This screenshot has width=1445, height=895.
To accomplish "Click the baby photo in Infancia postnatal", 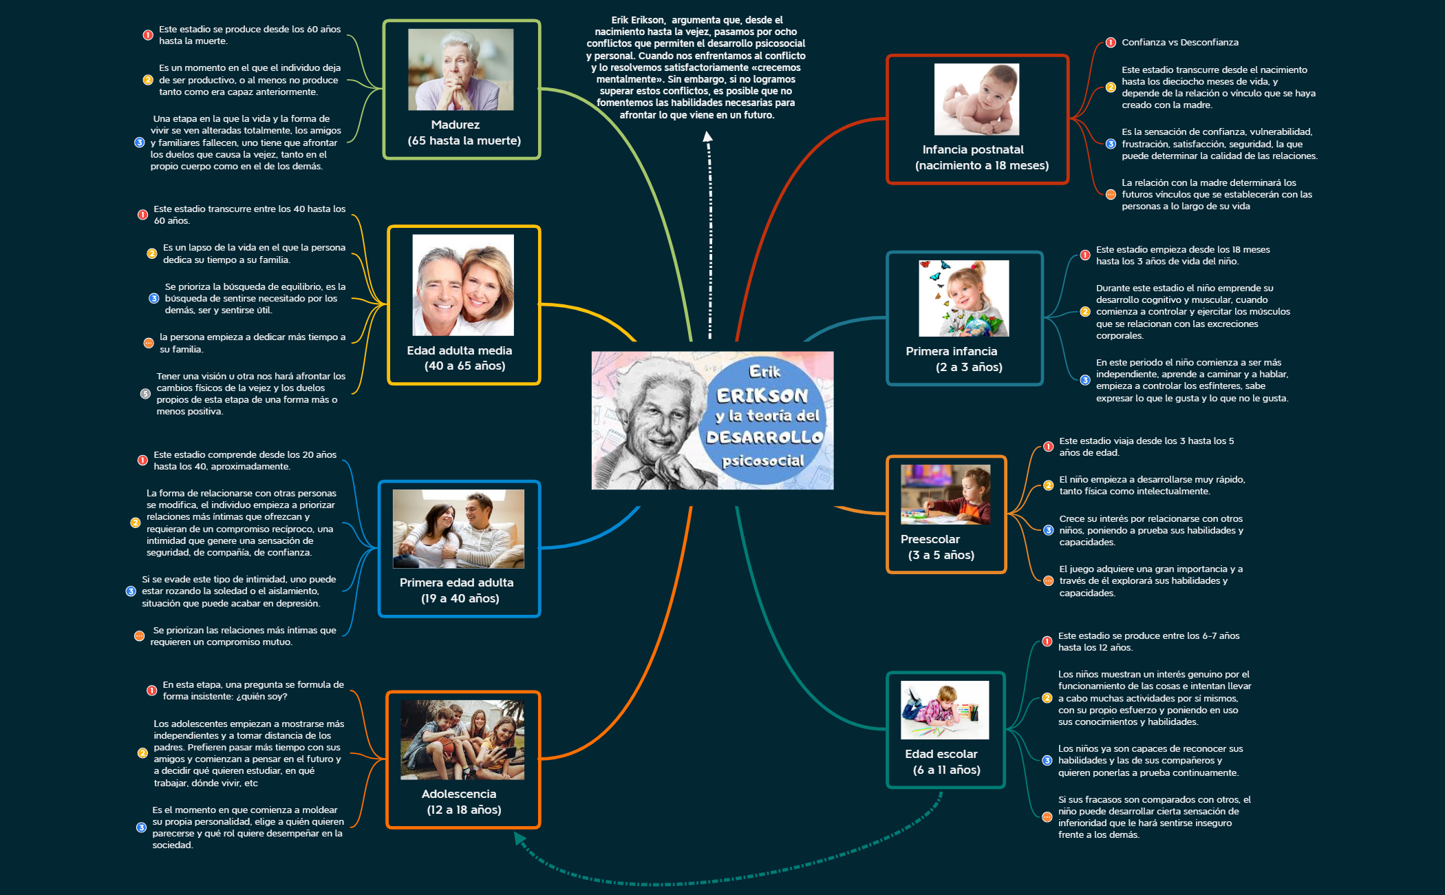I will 976,99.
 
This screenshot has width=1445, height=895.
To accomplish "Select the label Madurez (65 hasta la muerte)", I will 462,133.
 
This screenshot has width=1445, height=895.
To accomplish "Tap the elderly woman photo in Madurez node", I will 460,70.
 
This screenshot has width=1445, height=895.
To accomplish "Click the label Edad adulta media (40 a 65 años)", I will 461,358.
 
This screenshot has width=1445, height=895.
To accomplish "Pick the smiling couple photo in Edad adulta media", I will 462,285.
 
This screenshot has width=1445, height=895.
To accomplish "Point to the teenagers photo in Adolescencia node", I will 462,739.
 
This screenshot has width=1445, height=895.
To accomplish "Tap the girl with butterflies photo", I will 963,298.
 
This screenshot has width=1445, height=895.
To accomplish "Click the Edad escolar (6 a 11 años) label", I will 944,761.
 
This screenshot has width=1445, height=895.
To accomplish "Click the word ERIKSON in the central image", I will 762,395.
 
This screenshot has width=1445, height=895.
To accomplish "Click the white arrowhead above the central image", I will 707,136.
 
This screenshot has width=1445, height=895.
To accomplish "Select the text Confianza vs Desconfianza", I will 1179,43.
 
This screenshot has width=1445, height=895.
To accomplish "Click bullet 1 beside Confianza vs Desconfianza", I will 1111,43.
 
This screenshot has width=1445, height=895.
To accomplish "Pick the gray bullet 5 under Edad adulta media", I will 145,394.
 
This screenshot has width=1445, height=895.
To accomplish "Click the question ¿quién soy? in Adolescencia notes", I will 261,696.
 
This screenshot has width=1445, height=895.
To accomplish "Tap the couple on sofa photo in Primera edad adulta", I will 458,529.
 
